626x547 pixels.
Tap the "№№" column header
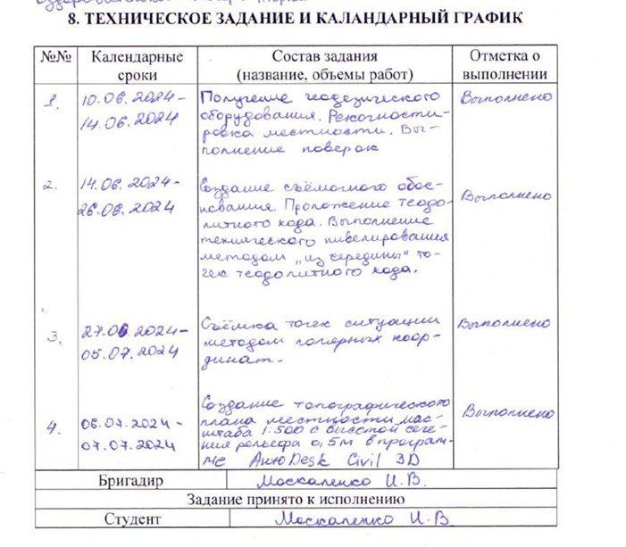tap(55, 57)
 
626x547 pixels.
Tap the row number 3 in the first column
tap(53, 336)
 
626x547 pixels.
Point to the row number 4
tap(54, 427)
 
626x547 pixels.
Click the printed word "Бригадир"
tap(132, 482)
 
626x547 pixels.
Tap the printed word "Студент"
tap(132, 518)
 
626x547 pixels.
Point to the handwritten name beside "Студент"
tap(361, 518)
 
